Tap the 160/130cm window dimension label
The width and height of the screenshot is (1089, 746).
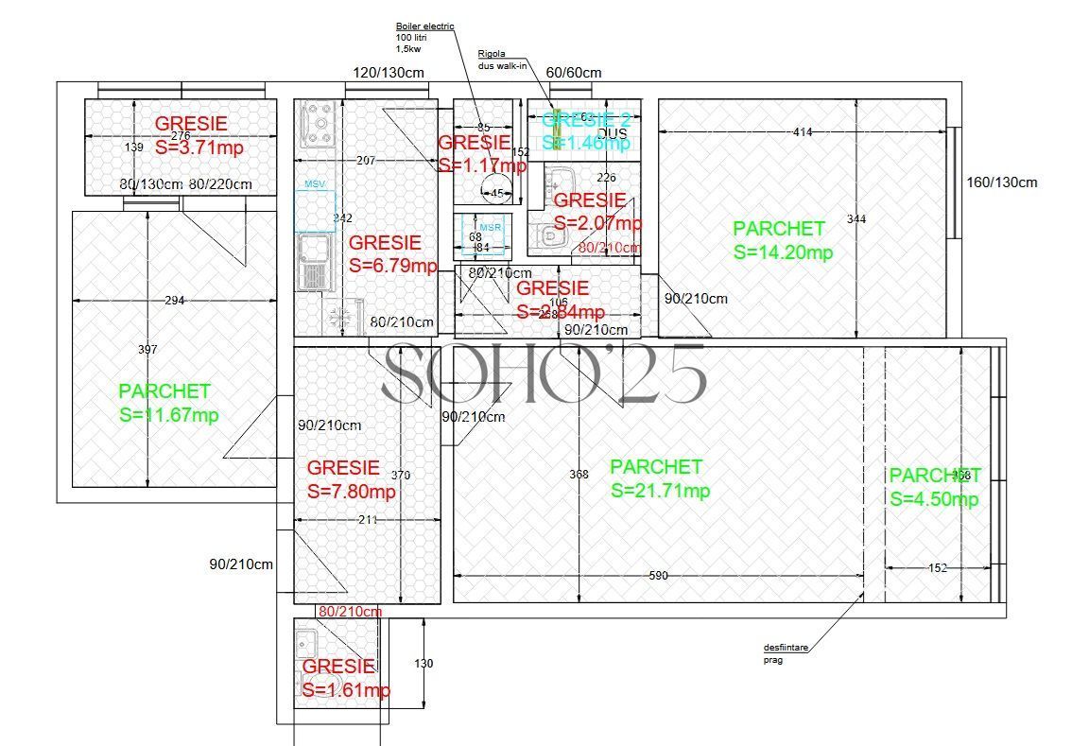pyautogui.click(x=1001, y=182)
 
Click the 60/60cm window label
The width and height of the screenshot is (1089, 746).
pyautogui.click(x=574, y=73)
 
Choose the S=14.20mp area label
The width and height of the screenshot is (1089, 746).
pyautogui.click(x=782, y=252)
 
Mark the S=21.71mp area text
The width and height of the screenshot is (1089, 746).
pyautogui.click(x=660, y=491)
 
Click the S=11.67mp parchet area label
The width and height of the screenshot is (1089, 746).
pyautogui.click(x=169, y=415)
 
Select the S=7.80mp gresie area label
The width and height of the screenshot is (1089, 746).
pyautogui.click(x=352, y=492)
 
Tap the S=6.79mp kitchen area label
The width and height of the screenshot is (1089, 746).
pyautogui.click(x=392, y=266)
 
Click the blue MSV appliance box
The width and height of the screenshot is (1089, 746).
pyautogui.click(x=315, y=210)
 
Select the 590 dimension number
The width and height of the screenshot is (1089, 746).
pyautogui.click(x=658, y=576)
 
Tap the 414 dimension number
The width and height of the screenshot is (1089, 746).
pyautogui.click(x=803, y=132)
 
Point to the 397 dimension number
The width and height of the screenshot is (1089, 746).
pyautogui.click(x=147, y=350)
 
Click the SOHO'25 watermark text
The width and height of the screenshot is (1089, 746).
pyautogui.click(x=544, y=374)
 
